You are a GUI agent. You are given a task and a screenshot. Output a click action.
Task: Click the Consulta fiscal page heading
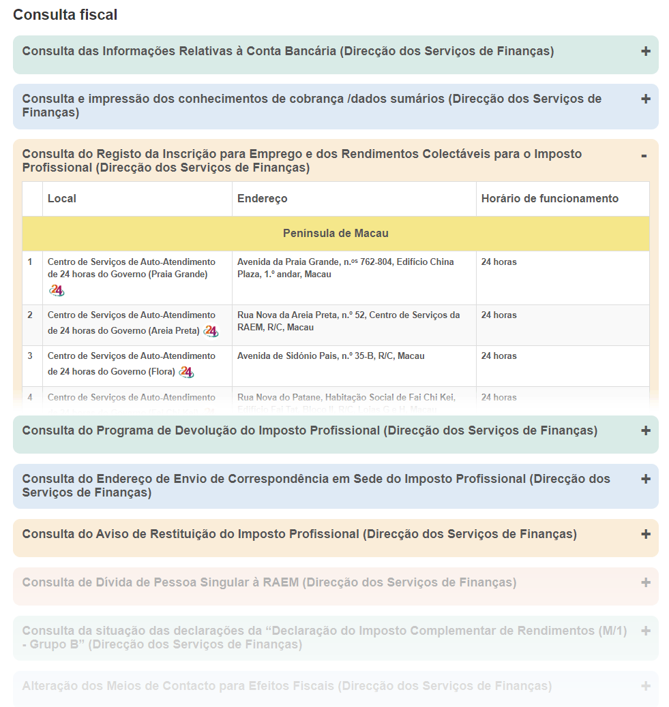point(65,14)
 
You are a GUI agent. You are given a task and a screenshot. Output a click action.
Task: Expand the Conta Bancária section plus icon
point(645,51)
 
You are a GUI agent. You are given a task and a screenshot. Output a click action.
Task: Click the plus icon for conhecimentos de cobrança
point(645,99)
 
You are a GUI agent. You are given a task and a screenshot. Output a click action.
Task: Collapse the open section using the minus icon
point(644,156)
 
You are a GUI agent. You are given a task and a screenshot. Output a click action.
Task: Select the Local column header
point(62,199)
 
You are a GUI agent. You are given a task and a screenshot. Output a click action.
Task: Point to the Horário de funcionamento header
point(550,199)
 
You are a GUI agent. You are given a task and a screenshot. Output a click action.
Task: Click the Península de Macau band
point(336,234)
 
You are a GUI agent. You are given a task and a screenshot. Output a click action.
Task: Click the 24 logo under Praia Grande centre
point(57,291)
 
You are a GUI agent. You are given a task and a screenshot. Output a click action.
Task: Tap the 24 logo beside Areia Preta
point(211,331)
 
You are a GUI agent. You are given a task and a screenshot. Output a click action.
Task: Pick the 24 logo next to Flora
point(186,372)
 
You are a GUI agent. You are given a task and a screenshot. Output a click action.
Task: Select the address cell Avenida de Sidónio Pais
point(331,356)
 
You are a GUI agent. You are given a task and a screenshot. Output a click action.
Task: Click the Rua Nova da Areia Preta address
point(348,321)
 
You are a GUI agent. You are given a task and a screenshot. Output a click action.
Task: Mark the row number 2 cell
point(30,315)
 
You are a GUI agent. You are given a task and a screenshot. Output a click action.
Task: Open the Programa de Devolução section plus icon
point(645,430)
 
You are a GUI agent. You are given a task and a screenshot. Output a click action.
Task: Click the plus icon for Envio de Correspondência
point(645,479)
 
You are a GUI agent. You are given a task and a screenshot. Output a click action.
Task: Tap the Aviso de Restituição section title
point(299,535)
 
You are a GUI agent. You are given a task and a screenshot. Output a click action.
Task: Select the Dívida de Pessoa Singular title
point(269,583)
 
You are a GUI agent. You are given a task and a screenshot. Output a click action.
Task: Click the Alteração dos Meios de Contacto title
point(286,687)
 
